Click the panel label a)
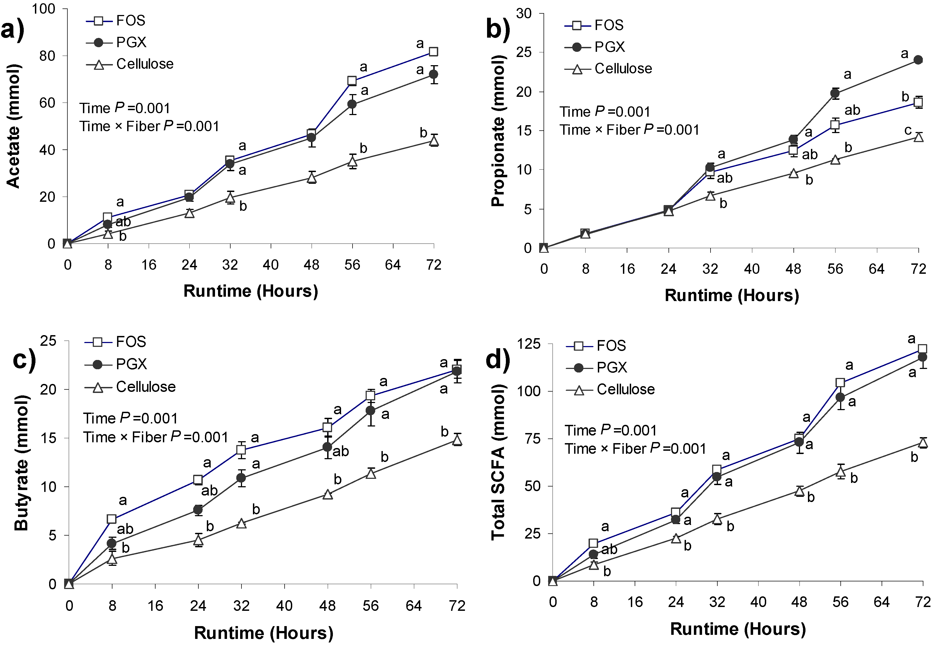tap(12, 30)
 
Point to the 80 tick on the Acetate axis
tap(47, 56)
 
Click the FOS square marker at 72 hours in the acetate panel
tap(433, 52)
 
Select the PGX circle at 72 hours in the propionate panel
tap(918, 60)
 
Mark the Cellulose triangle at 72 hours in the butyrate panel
tap(457, 441)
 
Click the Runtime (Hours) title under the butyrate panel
tap(263, 633)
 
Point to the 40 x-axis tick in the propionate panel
tap(751, 269)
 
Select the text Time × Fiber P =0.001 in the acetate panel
tap(149, 126)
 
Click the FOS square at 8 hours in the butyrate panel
tap(112, 519)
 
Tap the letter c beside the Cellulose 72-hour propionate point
tap(908, 130)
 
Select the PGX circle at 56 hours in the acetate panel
tap(352, 104)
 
